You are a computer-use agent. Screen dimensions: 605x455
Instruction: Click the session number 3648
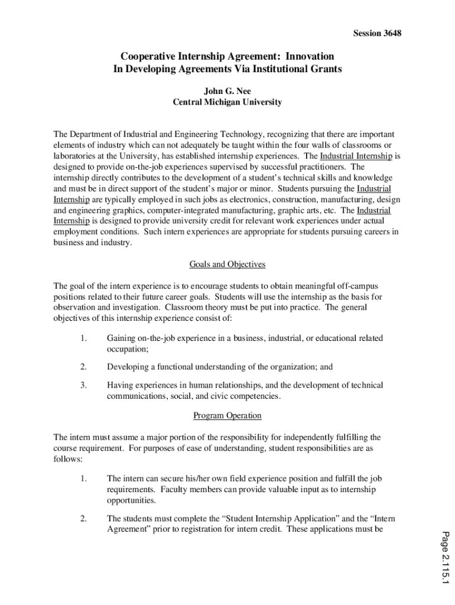[x=390, y=33]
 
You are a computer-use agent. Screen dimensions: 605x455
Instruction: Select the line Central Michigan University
[x=227, y=102]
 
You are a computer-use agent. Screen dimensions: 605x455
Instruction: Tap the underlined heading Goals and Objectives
[x=227, y=264]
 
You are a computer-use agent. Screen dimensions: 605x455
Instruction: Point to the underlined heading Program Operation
[x=227, y=415]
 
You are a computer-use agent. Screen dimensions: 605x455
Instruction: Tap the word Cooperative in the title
[x=149, y=56]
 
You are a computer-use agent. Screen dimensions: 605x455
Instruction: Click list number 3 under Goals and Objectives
[x=84, y=385]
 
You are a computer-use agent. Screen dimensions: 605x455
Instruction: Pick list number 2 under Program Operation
[x=84, y=518]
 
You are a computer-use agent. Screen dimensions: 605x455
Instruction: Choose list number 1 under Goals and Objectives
[x=84, y=338]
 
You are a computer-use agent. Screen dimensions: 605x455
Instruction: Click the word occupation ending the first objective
[x=127, y=349]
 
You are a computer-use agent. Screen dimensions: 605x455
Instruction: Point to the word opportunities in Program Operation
[x=131, y=500]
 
